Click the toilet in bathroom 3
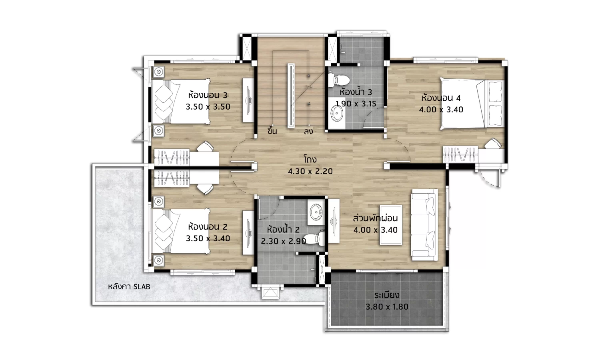[338, 80]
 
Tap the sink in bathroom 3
[336, 114]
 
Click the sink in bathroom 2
[316, 212]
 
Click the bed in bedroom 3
[181, 101]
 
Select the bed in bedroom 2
[181, 231]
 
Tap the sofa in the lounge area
[424, 225]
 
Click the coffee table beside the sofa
[391, 225]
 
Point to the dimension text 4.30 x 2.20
[310, 171]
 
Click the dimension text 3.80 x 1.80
[387, 307]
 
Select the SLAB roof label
[129, 287]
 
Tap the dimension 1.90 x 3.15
[356, 104]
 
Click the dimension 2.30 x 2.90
[283, 241]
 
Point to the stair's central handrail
[291, 96]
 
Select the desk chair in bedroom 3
[205, 146]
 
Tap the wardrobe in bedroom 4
[460, 154]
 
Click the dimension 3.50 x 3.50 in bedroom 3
[208, 107]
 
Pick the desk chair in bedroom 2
[205, 189]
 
